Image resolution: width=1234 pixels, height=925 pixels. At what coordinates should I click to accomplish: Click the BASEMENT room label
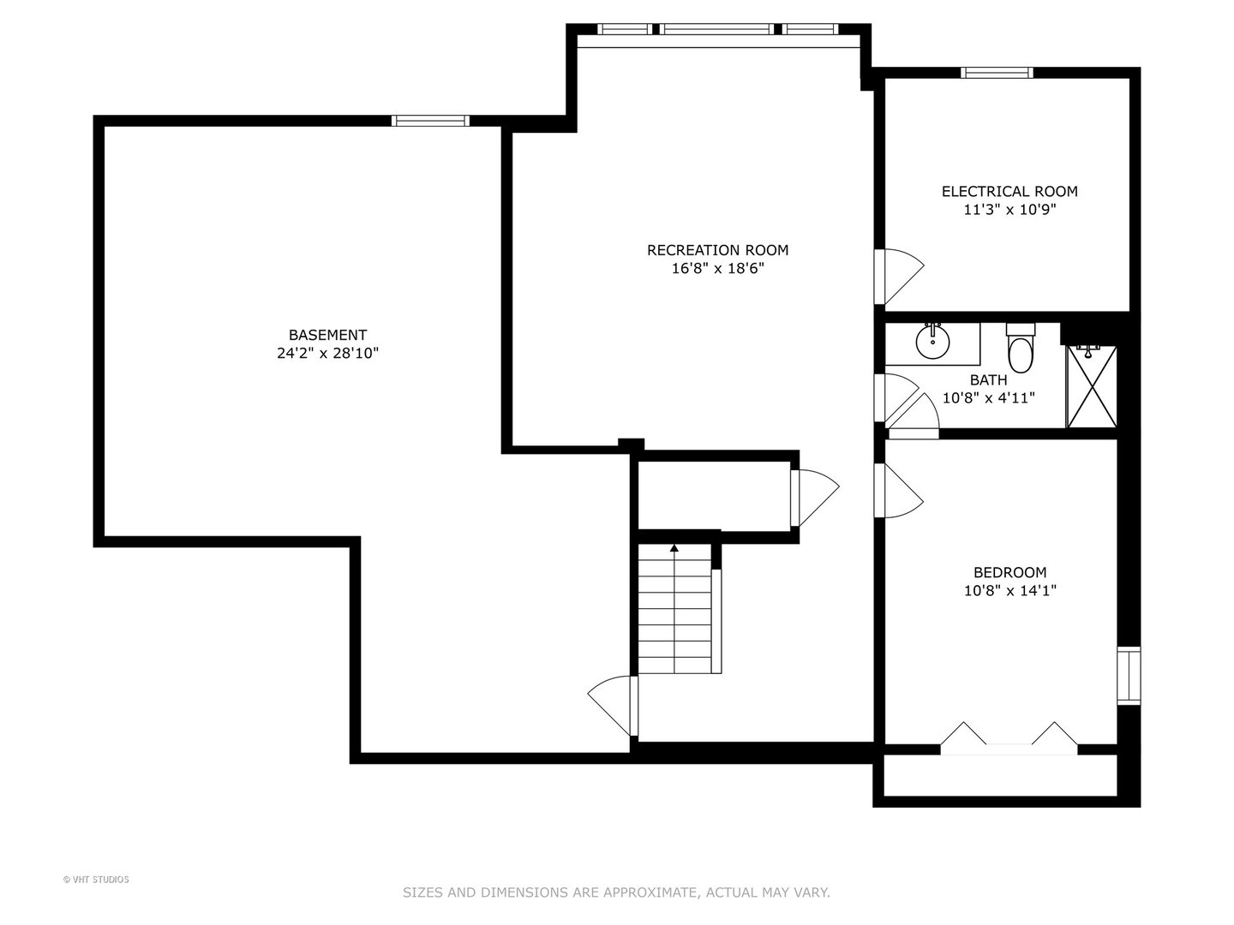(327, 335)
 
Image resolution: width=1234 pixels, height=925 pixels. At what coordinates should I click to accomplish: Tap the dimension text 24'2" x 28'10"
(327, 353)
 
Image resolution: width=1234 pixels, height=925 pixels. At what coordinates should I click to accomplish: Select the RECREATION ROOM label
(717, 250)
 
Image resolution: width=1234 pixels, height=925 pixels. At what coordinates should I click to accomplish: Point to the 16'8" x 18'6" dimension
(718, 268)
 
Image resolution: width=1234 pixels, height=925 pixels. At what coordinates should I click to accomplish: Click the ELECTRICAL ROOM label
(1009, 192)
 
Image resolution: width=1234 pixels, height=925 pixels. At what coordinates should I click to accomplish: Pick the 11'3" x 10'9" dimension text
(1010, 210)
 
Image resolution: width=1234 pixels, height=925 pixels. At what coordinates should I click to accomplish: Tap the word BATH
(988, 380)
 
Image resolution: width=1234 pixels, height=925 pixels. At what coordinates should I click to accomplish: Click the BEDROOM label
(1009, 572)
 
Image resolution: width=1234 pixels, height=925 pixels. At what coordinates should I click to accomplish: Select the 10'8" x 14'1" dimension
(1010, 591)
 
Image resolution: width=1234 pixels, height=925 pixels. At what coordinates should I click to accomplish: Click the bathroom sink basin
(932, 341)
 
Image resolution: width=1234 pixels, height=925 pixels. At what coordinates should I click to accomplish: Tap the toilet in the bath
(1021, 349)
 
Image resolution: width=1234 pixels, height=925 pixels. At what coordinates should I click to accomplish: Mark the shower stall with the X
(1091, 387)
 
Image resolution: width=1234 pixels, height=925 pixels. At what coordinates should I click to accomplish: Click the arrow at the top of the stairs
(674, 547)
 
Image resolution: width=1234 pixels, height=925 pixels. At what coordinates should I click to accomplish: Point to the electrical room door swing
(898, 277)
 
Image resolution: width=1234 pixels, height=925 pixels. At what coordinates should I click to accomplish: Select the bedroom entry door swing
(898, 490)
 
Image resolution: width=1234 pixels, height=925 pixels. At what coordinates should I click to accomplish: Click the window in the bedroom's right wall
(1129, 676)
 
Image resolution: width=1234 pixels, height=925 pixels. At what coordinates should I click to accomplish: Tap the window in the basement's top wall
(430, 121)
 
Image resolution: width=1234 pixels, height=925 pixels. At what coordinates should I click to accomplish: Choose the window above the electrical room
(997, 73)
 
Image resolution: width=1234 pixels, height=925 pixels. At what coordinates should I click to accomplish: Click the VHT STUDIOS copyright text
(96, 880)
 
